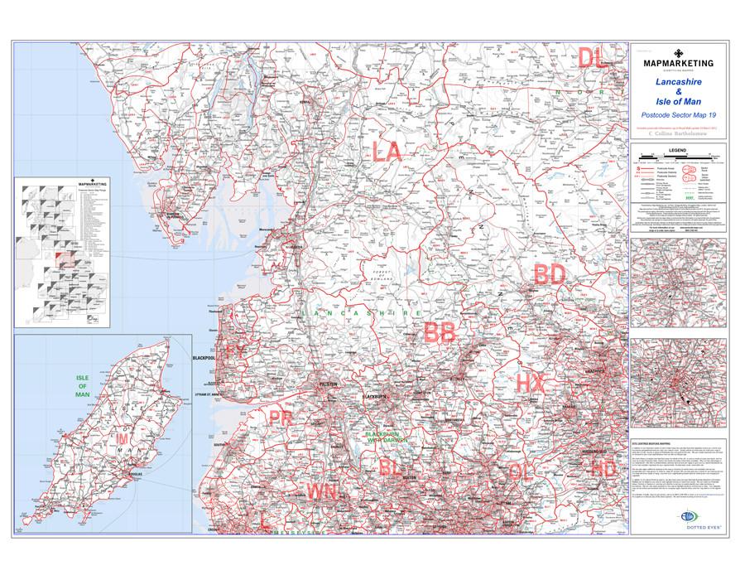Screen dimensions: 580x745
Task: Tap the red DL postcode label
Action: [x=591, y=57]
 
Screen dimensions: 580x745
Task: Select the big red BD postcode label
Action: [x=549, y=274]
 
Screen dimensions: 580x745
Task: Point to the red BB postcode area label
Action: [x=439, y=333]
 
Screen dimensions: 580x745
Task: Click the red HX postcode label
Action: [x=530, y=383]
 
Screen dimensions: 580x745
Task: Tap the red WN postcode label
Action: [x=321, y=492]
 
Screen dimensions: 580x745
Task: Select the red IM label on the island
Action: [x=123, y=437]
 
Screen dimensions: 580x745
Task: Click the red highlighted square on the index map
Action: [x=64, y=259]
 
